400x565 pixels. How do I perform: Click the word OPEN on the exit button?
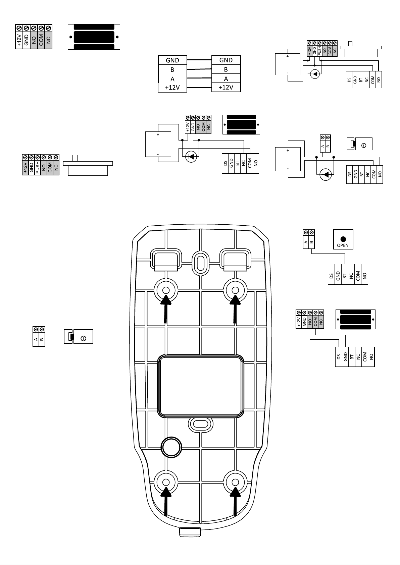[x=343, y=245]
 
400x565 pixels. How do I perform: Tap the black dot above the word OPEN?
[x=343, y=239]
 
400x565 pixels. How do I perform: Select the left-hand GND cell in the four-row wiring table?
[x=172, y=60]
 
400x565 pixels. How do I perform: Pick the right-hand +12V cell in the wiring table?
[x=226, y=88]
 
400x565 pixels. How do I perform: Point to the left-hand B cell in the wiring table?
[x=172, y=70]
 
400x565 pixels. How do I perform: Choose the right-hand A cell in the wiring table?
[x=226, y=79]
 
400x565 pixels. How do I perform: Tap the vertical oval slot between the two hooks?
[x=201, y=263]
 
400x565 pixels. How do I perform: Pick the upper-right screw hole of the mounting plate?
[x=235, y=290]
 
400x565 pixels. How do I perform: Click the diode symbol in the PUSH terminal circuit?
[x=315, y=74]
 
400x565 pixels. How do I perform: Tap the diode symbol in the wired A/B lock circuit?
[x=326, y=174]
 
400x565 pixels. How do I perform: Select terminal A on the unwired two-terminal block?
[x=36, y=339]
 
